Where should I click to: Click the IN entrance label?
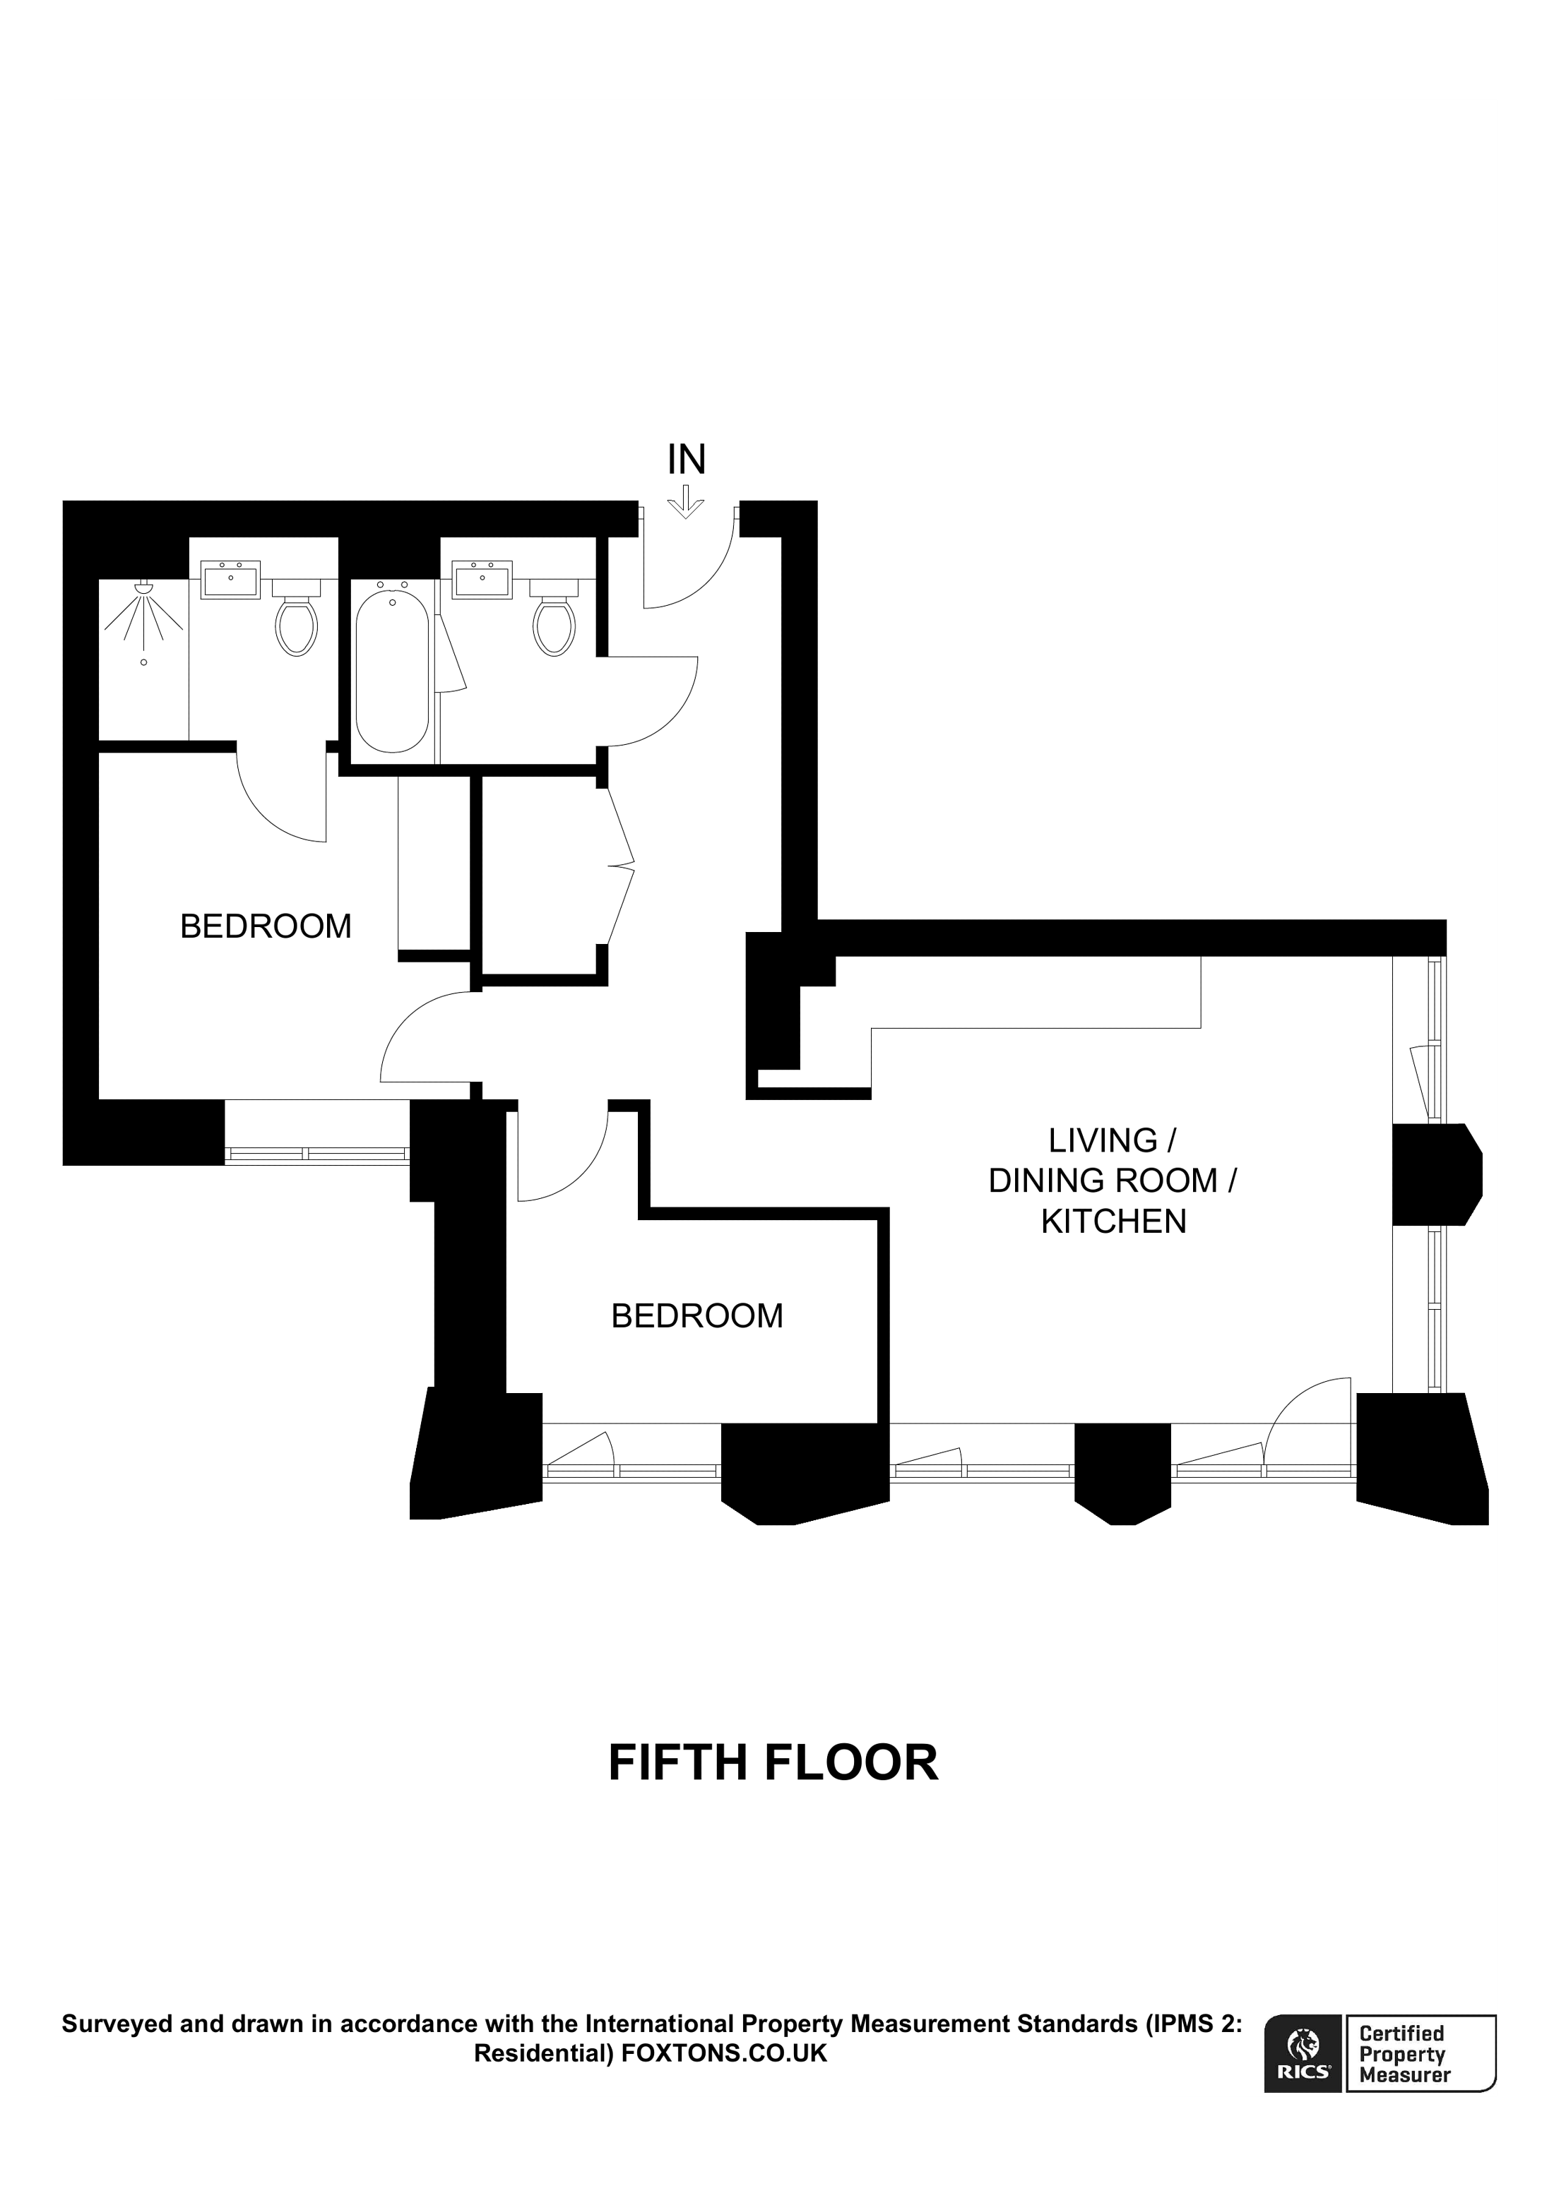pos(687,460)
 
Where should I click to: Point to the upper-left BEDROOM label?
pos(265,926)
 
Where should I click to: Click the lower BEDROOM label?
pos(697,1316)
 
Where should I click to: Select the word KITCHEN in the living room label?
pos(1113,1222)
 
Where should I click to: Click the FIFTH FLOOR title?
pos(773,1763)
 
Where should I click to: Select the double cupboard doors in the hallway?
pos(620,866)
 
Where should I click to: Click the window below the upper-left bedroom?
pos(317,1154)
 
